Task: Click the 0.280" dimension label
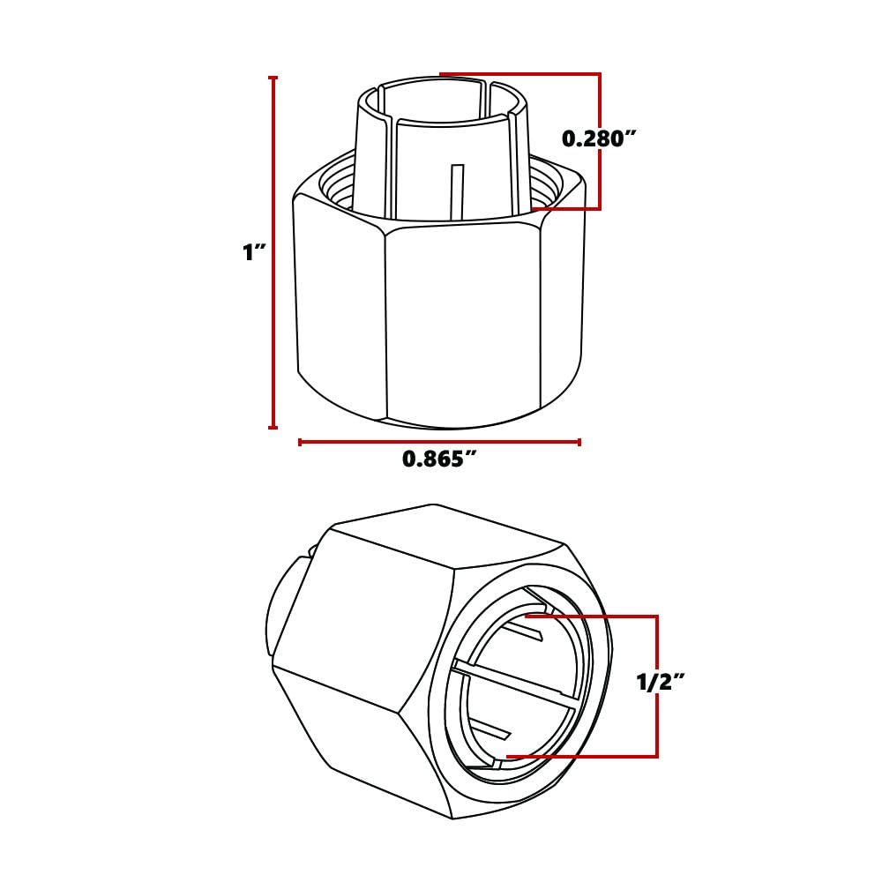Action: (x=599, y=138)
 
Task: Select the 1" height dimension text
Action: (x=254, y=252)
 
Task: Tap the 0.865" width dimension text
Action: (x=439, y=460)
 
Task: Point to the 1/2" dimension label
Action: (x=660, y=682)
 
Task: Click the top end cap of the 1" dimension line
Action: (x=273, y=78)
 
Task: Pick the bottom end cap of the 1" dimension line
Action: (x=273, y=428)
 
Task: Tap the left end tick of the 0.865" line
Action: (x=301, y=442)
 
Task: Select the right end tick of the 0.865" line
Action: (x=579, y=442)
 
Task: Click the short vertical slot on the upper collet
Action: (x=456, y=190)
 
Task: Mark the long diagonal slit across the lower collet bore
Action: (x=516, y=684)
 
